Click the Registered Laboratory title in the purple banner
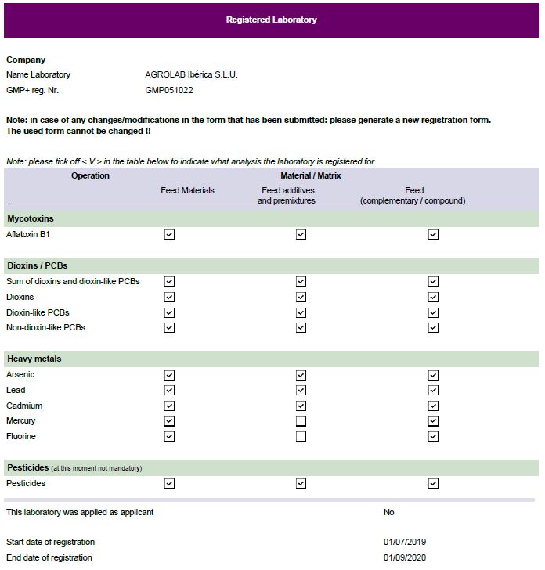pyautogui.click(x=271, y=20)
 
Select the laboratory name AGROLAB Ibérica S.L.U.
pyautogui.click(x=191, y=74)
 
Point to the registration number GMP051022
pyautogui.click(x=169, y=90)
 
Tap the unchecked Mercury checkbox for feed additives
pyautogui.click(x=301, y=421)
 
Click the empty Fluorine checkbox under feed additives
pyautogui.click(x=301, y=436)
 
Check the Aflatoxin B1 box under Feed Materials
pyautogui.click(x=169, y=234)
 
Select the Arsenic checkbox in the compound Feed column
pyautogui.click(x=433, y=375)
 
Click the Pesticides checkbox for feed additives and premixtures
pyautogui.click(x=301, y=483)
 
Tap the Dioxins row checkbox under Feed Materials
pyautogui.click(x=169, y=297)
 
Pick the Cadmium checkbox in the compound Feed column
pyautogui.click(x=433, y=406)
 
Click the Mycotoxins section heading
pyautogui.click(x=31, y=218)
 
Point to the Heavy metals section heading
pyautogui.click(x=34, y=359)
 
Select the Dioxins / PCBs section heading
pyautogui.click(x=38, y=265)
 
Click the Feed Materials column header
pyautogui.click(x=187, y=190)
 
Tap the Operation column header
pyautogui.click(x=90, y=175)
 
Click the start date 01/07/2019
pyautogui.click(x=405, y=542)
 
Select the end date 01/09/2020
pyautogui.click(x=405, y=557)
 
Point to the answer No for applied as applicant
pyautogui.click(x=388, y=512)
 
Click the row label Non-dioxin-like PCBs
pyautogui.click(x=45, y=327)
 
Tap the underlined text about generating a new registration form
pyautogui.click(x=409, y=120)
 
